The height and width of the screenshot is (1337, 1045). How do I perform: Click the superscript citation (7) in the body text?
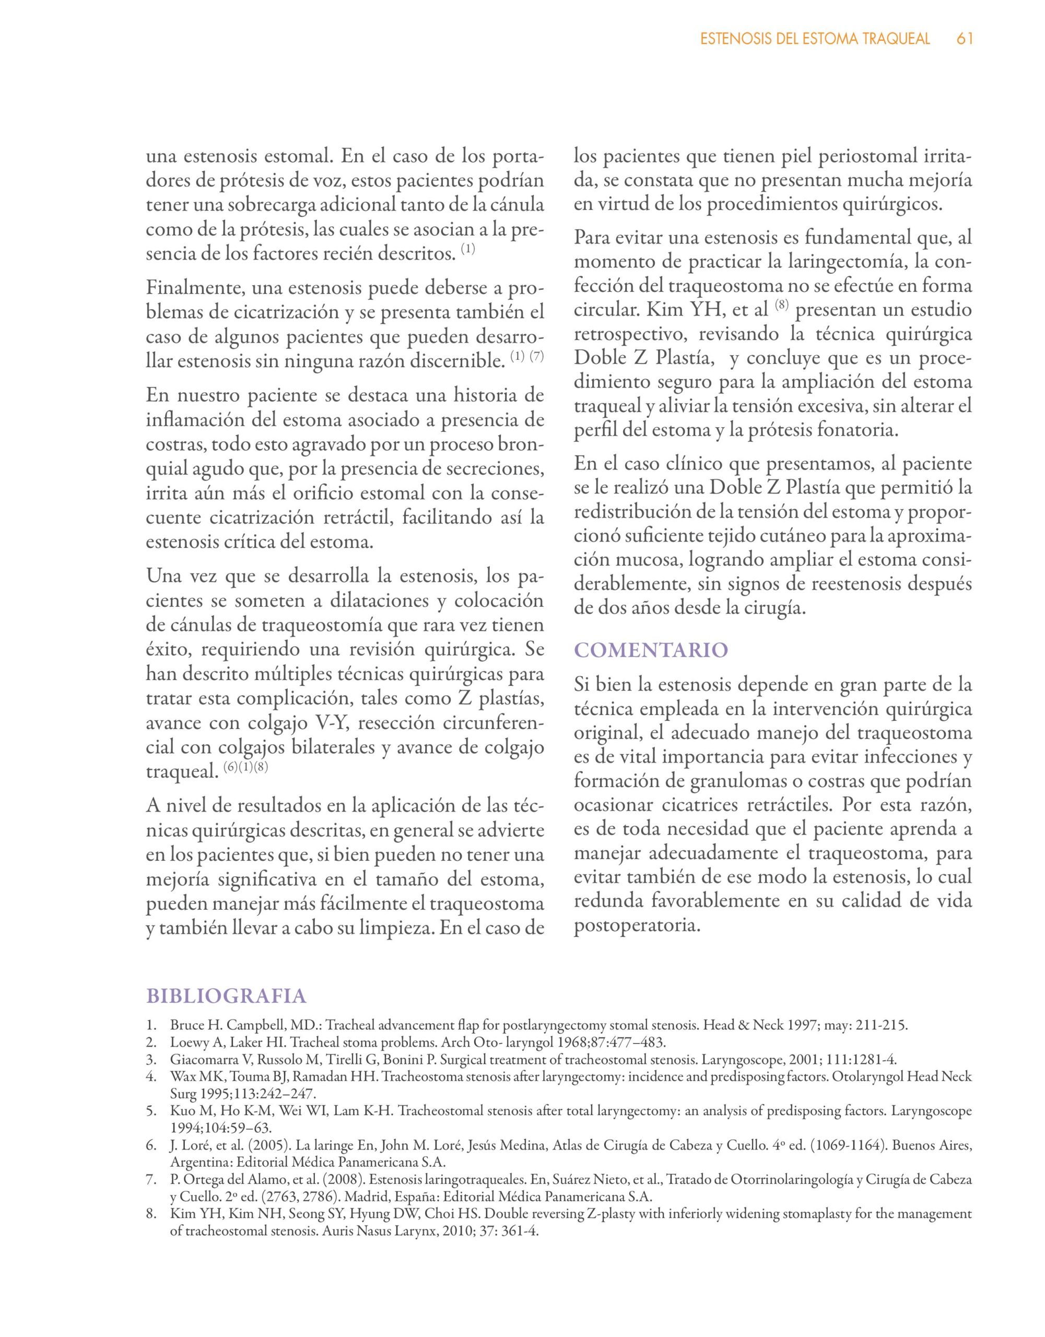click(536, 356)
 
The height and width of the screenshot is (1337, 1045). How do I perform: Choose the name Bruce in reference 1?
click(184, 1025)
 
